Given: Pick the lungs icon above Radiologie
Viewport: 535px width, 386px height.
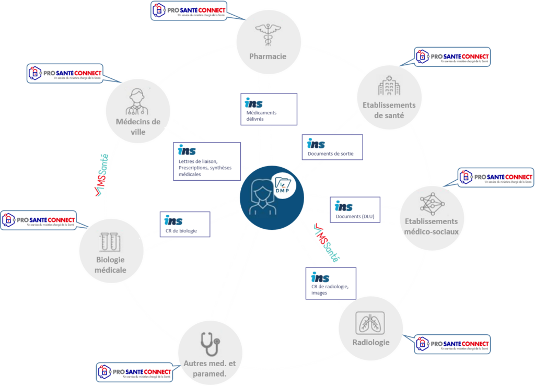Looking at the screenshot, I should point(370,322).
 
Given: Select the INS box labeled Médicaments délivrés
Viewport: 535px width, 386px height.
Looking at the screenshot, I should point(269,109).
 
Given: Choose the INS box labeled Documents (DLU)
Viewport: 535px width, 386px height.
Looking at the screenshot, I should point(355,209).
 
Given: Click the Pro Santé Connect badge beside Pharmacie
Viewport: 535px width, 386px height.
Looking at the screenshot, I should point(189,11).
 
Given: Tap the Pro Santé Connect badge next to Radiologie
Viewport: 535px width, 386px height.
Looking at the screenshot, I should point(452,344).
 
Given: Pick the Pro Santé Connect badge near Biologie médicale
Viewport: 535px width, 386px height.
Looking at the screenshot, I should point(39,220).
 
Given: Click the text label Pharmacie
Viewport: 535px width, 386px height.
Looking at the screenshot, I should point(269,56).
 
